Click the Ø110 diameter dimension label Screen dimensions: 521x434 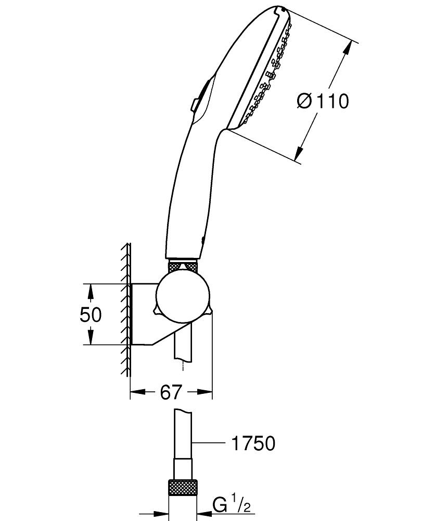click(x=323, y=101)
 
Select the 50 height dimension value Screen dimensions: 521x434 click(x=91, y=314)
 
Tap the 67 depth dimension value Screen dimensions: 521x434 click(x=171, y=392)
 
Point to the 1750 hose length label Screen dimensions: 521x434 click(x=252, y=443)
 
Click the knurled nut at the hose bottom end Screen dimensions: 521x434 click(x=183, y=489)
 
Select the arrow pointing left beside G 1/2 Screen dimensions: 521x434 click(x=205, y=513)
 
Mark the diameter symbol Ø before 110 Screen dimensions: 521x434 click(x=305, y=101)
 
